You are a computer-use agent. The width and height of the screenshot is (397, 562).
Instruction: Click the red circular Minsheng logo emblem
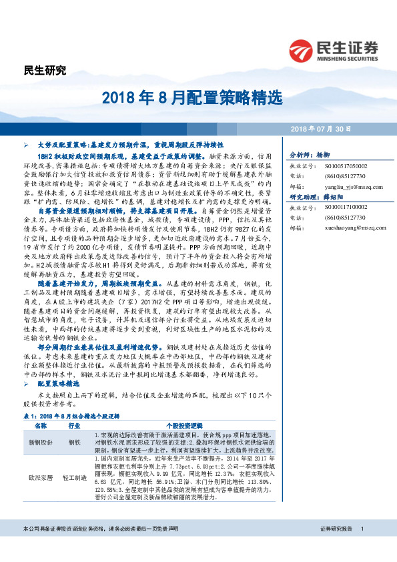coord(301,50)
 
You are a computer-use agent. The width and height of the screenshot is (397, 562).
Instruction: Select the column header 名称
coord(39,425)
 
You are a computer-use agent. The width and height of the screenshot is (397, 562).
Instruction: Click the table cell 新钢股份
coord(39,443)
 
